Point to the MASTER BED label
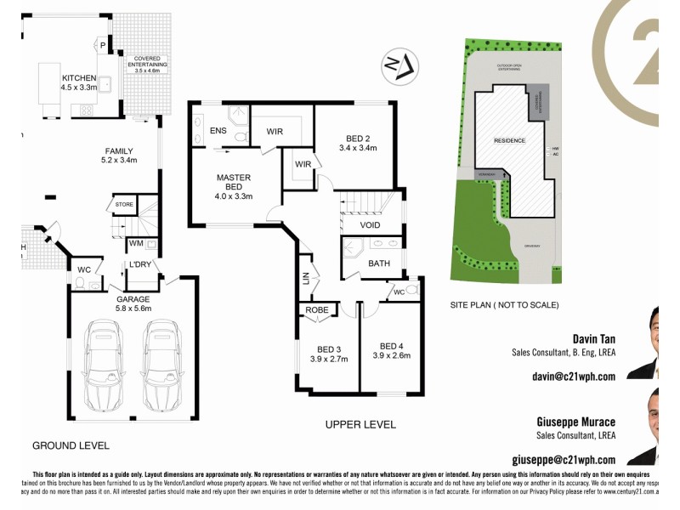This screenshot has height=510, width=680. coord(233,183)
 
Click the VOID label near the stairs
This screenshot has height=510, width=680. coord(370,225)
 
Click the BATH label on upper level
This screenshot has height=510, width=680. coord(379,263)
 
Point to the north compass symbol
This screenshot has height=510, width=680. coord(398,66)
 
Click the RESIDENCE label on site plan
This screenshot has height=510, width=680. coord(510,140)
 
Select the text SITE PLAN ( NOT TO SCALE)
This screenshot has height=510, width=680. coord(504,304)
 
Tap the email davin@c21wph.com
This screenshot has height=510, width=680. coord(573,375)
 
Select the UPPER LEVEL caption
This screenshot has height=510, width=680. coord(361,424)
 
